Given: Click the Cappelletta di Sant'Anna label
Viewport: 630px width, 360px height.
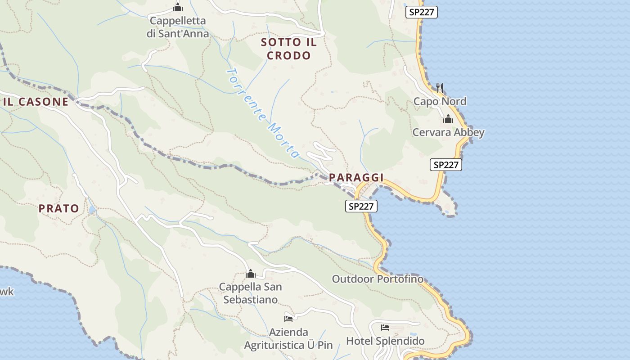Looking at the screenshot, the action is click(x=178, y=27).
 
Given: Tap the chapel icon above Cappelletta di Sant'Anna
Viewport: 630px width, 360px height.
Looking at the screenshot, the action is click(x=178, y=7).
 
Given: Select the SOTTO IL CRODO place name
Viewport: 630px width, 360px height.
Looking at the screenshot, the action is click(x=289, y=49).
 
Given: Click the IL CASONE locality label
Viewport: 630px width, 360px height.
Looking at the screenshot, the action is click(x=36, y=102).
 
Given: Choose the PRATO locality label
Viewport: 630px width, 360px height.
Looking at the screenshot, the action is click(x=58, y=208).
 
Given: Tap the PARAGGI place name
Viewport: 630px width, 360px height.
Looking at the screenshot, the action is click(x=356, y=178).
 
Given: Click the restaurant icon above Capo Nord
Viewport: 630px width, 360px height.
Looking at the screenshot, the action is click(x=440, y=88).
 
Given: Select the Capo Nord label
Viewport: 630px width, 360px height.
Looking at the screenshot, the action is click(x=440, y=101).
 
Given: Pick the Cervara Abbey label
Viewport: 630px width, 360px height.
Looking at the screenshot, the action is click(x=448, y=132).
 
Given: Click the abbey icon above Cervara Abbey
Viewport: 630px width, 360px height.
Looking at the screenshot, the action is click(x=448, y=119).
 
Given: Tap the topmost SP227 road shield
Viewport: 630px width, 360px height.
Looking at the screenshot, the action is click(x=421, y=12).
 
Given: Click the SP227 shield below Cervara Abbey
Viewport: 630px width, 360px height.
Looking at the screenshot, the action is click(x=445, y=165).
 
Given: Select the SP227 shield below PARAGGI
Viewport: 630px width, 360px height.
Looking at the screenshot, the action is click(x=361, y=206).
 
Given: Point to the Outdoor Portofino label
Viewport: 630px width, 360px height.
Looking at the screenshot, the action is click(x=378, y=279).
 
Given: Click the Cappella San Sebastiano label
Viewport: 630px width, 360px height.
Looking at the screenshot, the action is click(x=251, y=293).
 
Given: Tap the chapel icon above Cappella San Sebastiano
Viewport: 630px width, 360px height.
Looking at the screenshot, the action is click(x=251, y=274).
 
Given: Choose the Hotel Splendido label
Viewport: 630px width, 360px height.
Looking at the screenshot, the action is click(x=385, y=341).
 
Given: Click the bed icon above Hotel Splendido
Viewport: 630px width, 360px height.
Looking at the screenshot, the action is click(x=385, y=327).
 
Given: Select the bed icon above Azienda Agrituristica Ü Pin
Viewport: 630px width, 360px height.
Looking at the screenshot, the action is click(x=288, y=319).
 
